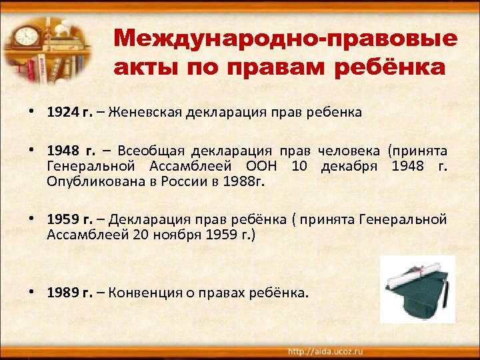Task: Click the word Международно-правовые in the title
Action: coord(285,38)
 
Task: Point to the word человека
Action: coord(346,151)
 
